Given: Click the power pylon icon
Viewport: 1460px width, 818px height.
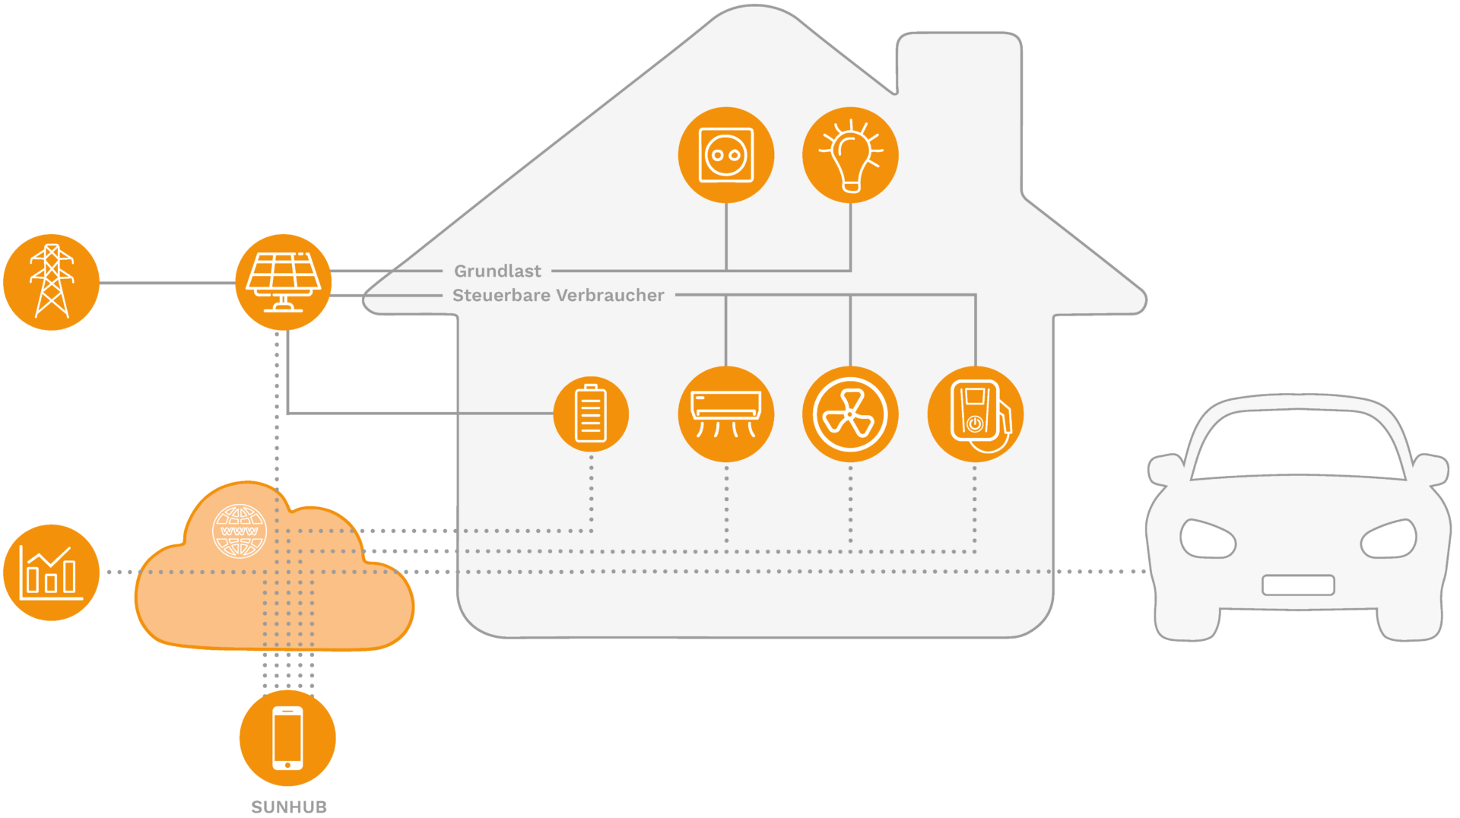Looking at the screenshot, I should pos(51,282).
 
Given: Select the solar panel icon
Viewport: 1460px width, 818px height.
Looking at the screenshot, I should pos(283,282).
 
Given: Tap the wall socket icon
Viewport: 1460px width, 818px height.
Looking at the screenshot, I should pos(726,155).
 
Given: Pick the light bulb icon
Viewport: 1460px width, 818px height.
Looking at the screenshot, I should pos(850,155).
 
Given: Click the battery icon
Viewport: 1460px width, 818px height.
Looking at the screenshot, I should pos(591,414).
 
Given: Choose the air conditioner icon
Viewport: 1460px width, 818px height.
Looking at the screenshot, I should pos(726,414).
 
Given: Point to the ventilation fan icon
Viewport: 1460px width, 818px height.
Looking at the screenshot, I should pos(850,414).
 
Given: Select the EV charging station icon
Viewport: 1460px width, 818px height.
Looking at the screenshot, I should pos(976,414).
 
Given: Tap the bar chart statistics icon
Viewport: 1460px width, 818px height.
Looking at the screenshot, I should pos(51,572).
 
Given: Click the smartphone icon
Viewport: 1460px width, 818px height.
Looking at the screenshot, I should pos(287,738).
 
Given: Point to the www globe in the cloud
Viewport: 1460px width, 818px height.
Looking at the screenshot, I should pos(240,531).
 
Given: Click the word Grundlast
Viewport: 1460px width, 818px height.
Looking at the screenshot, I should pos(497,271).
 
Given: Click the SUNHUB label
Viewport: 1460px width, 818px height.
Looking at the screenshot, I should pos(289,807).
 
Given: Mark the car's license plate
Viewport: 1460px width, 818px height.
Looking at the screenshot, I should pos(1298,585).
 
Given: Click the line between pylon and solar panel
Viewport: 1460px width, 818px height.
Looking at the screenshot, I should pos(167,283).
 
